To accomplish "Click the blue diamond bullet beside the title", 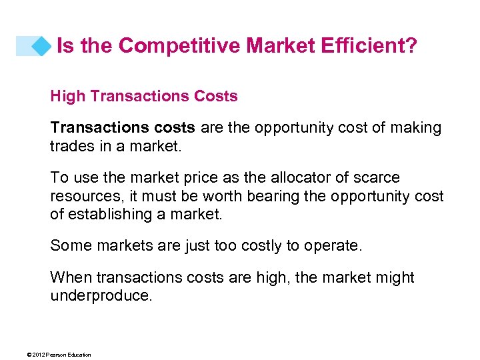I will point(42,46).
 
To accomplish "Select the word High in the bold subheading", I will point(67,96).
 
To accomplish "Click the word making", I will point(413,127).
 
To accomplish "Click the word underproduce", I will point(101,295).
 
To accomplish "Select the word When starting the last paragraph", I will point(71,277).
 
